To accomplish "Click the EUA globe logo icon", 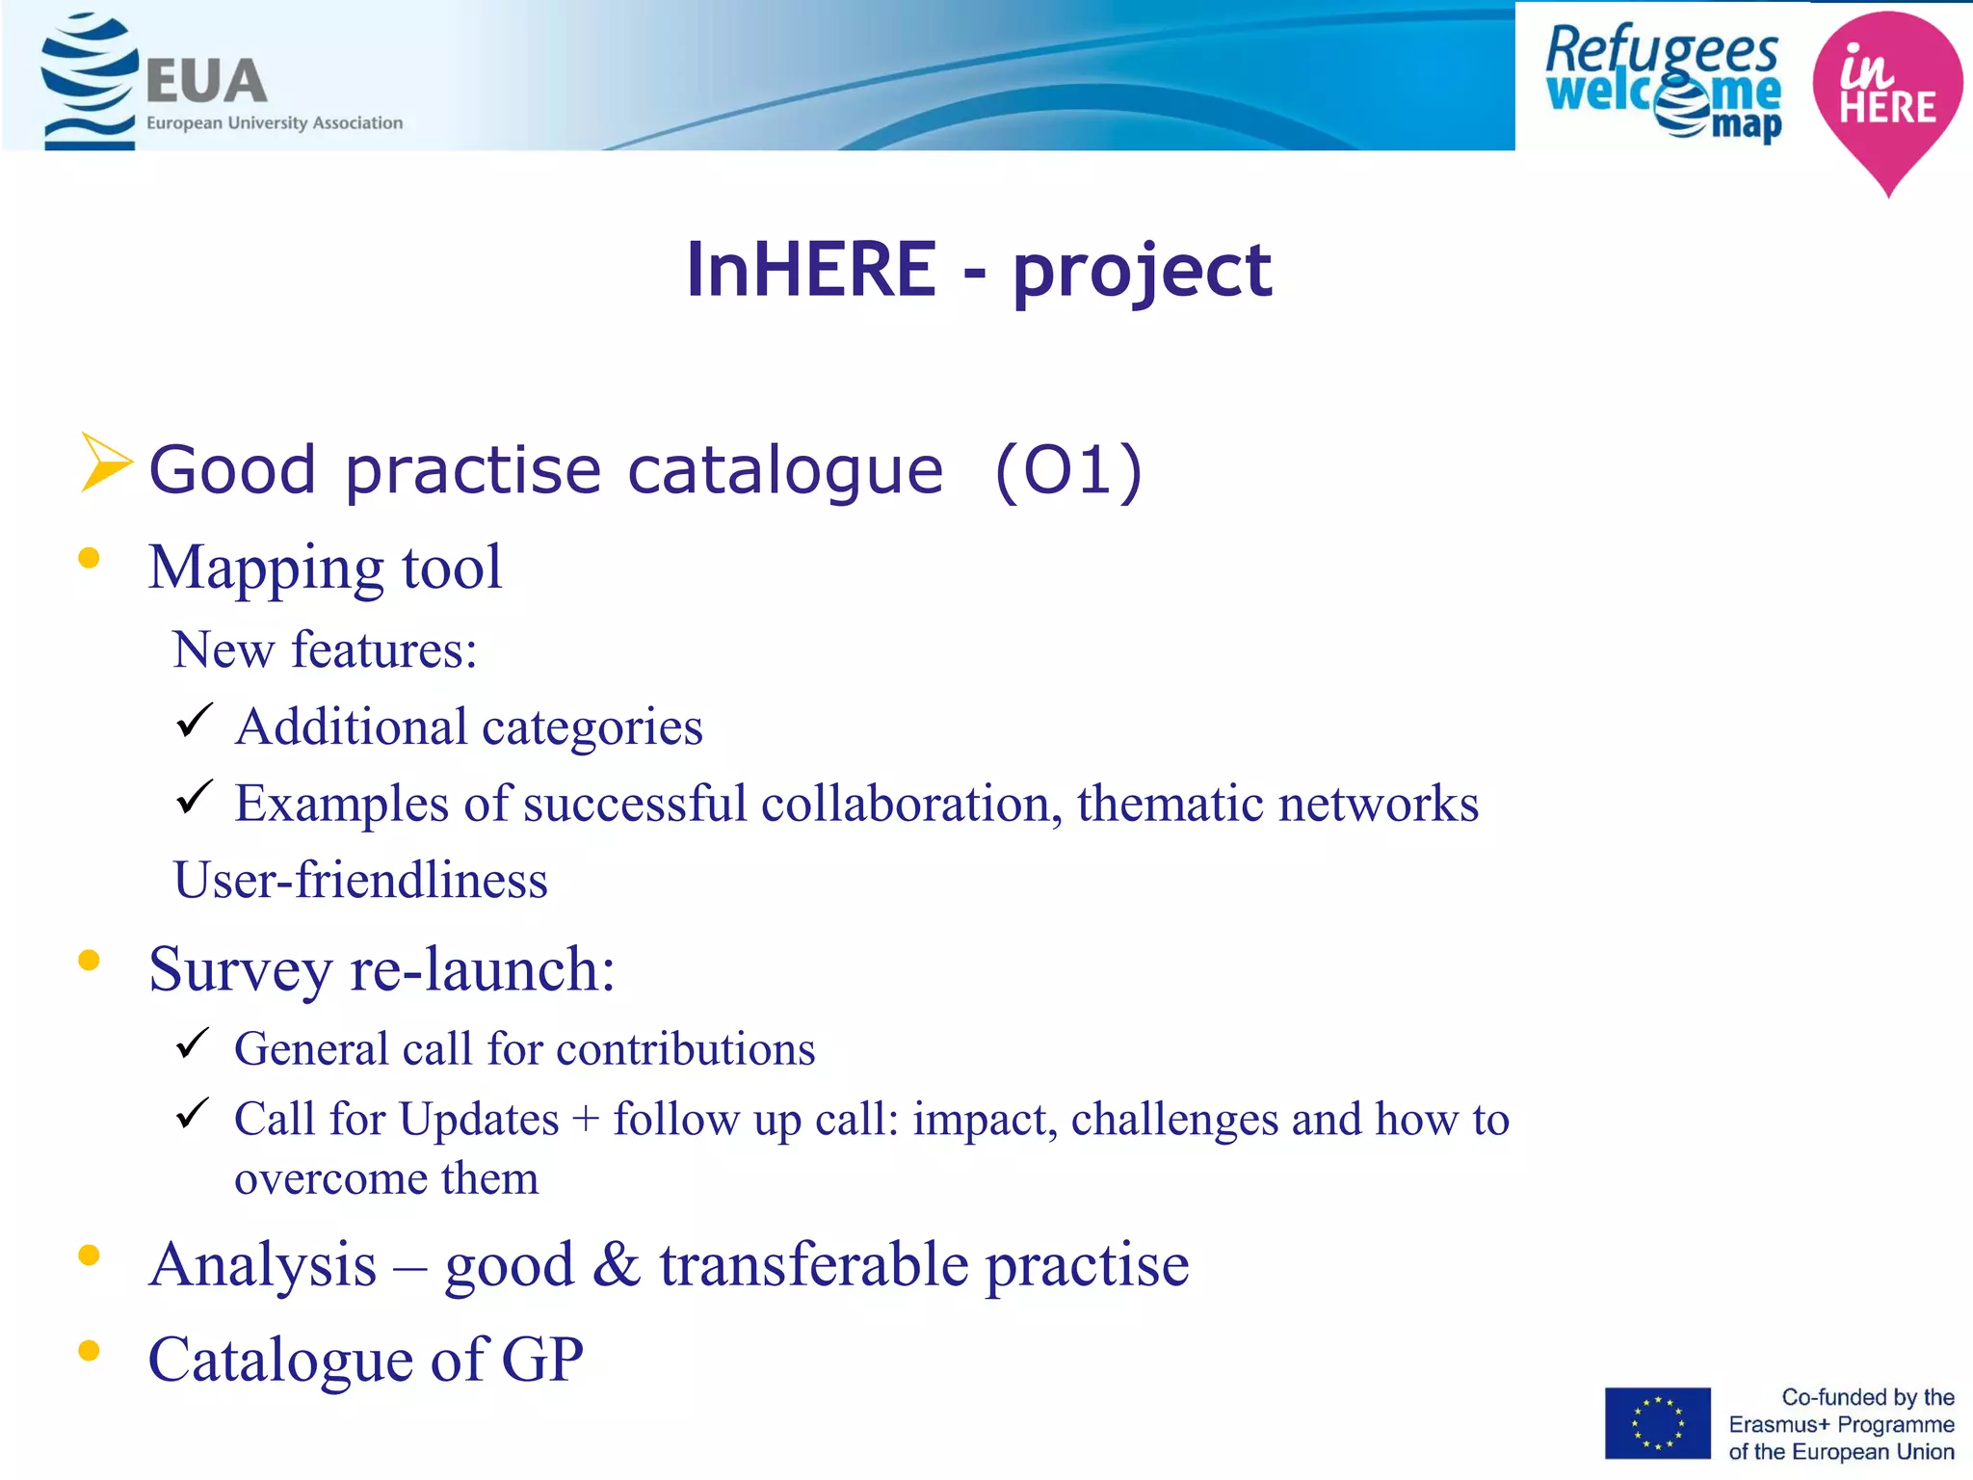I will tap(89, 81).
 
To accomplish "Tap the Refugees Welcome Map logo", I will tap(1663, 83).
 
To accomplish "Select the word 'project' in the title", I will tap(1142, 271).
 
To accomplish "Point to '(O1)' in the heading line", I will tap(1068, 471).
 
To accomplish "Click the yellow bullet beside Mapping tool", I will tap(90, 558).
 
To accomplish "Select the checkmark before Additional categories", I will tap(194, 721).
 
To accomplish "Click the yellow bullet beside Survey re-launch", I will tap(90, 960).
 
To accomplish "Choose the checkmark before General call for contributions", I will tap(193, 1044).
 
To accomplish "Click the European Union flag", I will tap(1657, 1423).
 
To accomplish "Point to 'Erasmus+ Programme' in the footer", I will tap(1841, 1424).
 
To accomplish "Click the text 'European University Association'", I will tap(275, 123).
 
